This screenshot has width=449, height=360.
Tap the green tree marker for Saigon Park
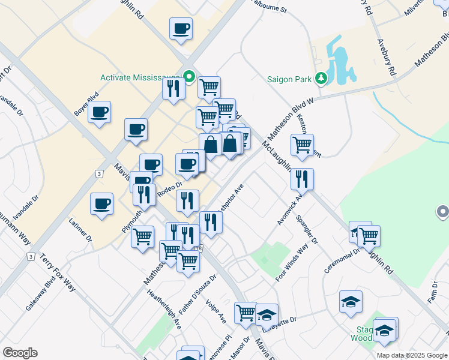(x=321, y=79)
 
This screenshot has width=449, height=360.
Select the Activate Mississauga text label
(x=141, y=77)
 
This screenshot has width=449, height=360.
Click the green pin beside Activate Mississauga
(x=188, y=77)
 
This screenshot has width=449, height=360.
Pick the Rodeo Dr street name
(x=169, y=188)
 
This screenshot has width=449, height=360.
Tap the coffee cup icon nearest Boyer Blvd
(x=100, y=112)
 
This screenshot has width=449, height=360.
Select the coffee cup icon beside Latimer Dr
(x=102, y=204)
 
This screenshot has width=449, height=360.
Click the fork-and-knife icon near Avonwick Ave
(x=302, y=179)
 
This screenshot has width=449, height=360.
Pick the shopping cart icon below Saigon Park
(x=302, y=144)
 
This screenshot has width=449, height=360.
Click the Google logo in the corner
(x=20, y=353)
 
